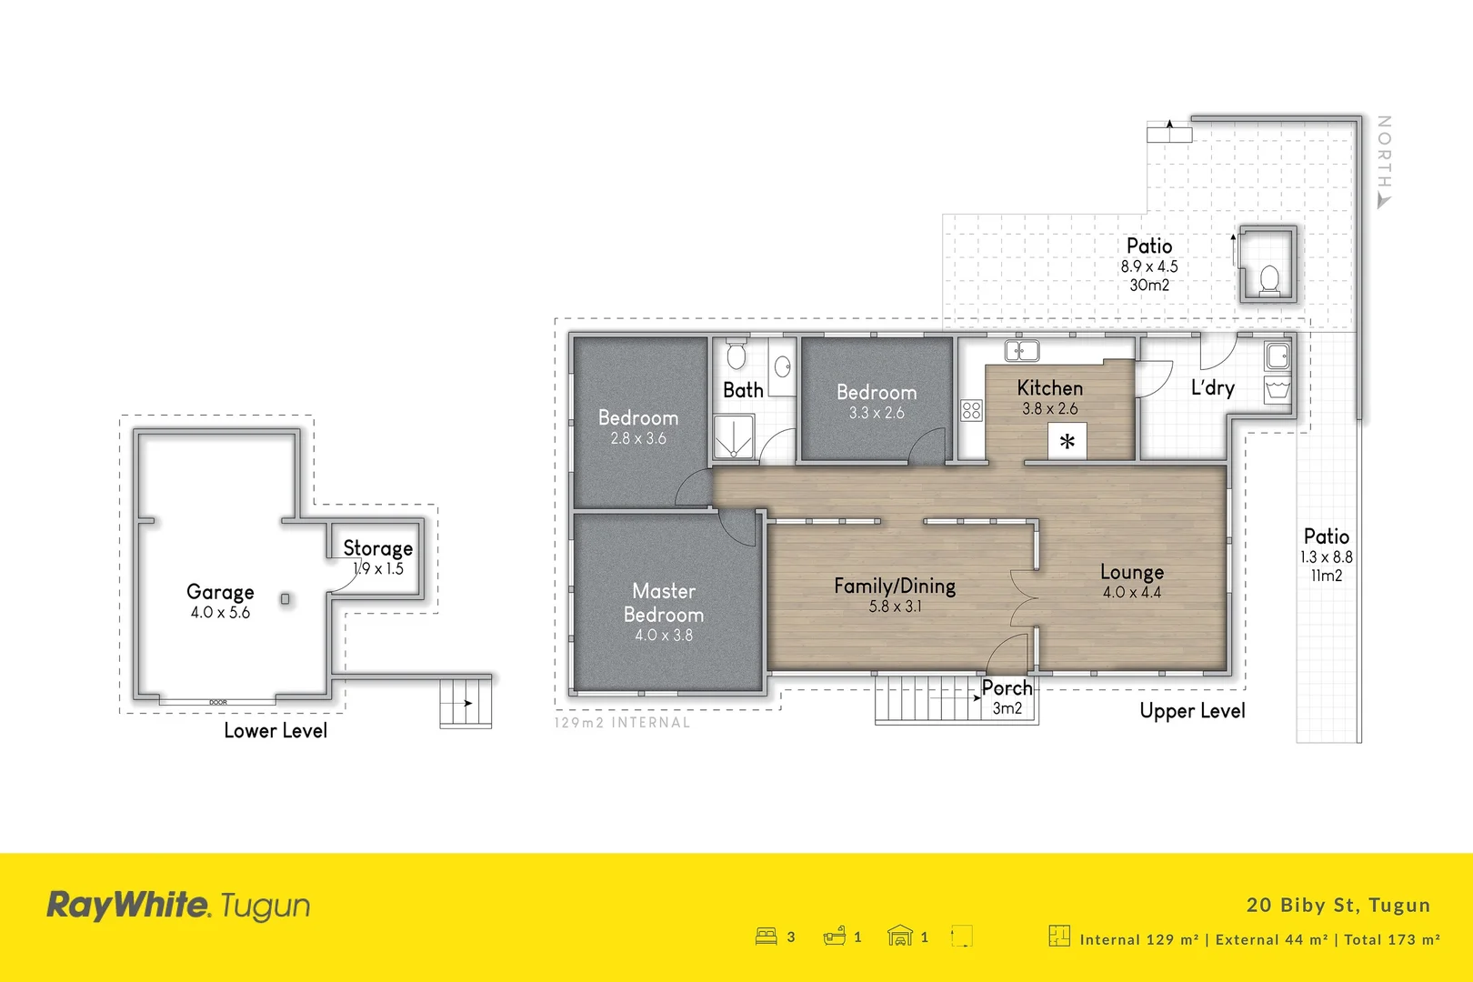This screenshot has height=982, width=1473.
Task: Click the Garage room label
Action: (x=220, y=592)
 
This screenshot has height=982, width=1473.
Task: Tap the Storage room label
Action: (x=377, y=548)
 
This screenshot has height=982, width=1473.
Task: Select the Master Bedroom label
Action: (x=664, y=603)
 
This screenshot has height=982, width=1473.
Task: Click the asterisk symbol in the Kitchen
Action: (x=1067, y=443)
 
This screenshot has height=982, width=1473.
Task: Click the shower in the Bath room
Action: (x=733, y=436)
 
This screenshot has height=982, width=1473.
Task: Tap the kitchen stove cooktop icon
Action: (x=971, y=410)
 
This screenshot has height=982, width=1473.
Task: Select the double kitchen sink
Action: (x=1021, y=350)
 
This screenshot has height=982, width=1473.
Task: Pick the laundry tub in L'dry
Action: (x=1278, y=390)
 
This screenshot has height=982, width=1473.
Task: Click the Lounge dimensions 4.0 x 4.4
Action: (x=1131, y=593)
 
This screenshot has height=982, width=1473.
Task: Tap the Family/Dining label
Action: (x=895, y=586)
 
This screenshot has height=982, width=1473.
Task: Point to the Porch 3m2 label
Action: (x=1007, y=697)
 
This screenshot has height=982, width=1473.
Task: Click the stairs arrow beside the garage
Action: (x=466, y=703)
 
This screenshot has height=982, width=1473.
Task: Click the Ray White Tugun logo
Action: (x=178, y=905)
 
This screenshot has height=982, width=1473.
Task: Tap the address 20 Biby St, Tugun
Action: (x=1338, y=905)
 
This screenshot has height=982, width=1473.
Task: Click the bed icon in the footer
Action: (x=766, y=936)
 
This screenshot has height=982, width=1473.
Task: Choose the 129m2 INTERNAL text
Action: (x=622, y=723)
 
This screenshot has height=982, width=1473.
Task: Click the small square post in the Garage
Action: (x=286, y=599)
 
